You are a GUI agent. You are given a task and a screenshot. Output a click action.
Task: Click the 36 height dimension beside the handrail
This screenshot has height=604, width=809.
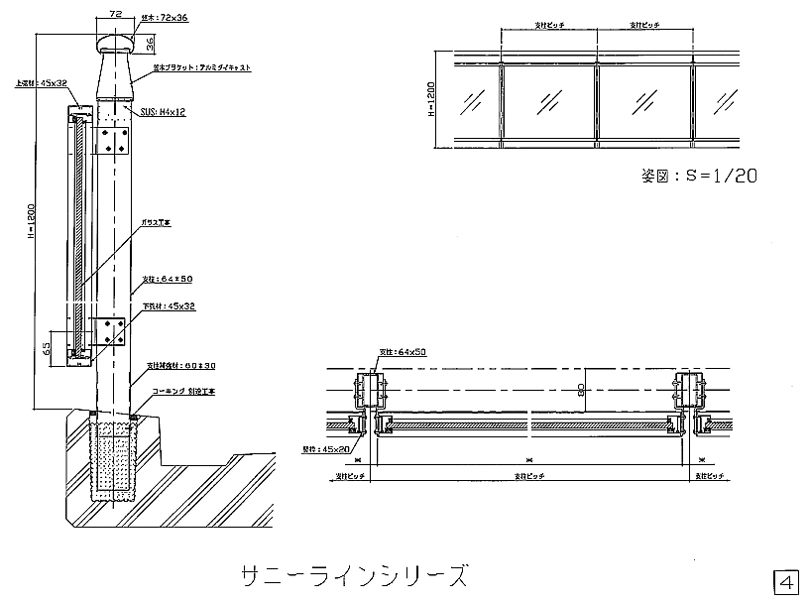pyautogui.click(x=148, y=44)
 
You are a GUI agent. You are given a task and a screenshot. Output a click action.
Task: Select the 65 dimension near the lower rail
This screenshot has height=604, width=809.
pyautogui.click(x=48, y=348)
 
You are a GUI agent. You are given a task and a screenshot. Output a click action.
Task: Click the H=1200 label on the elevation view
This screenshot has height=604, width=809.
pyautogui.click(x=430, y=100)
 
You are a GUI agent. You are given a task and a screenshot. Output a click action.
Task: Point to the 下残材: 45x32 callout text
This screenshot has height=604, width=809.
pyautogui.click(x=168, y=306)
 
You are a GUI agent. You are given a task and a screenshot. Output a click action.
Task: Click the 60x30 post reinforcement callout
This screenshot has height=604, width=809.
pyautogui.click(x=181, y=366)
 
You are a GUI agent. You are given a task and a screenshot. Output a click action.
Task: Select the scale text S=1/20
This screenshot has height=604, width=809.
pyautogui.click(x=700, y=177)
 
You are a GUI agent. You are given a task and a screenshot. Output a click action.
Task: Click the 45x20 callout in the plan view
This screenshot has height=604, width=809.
pyautogui.click(x=327, y=449)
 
